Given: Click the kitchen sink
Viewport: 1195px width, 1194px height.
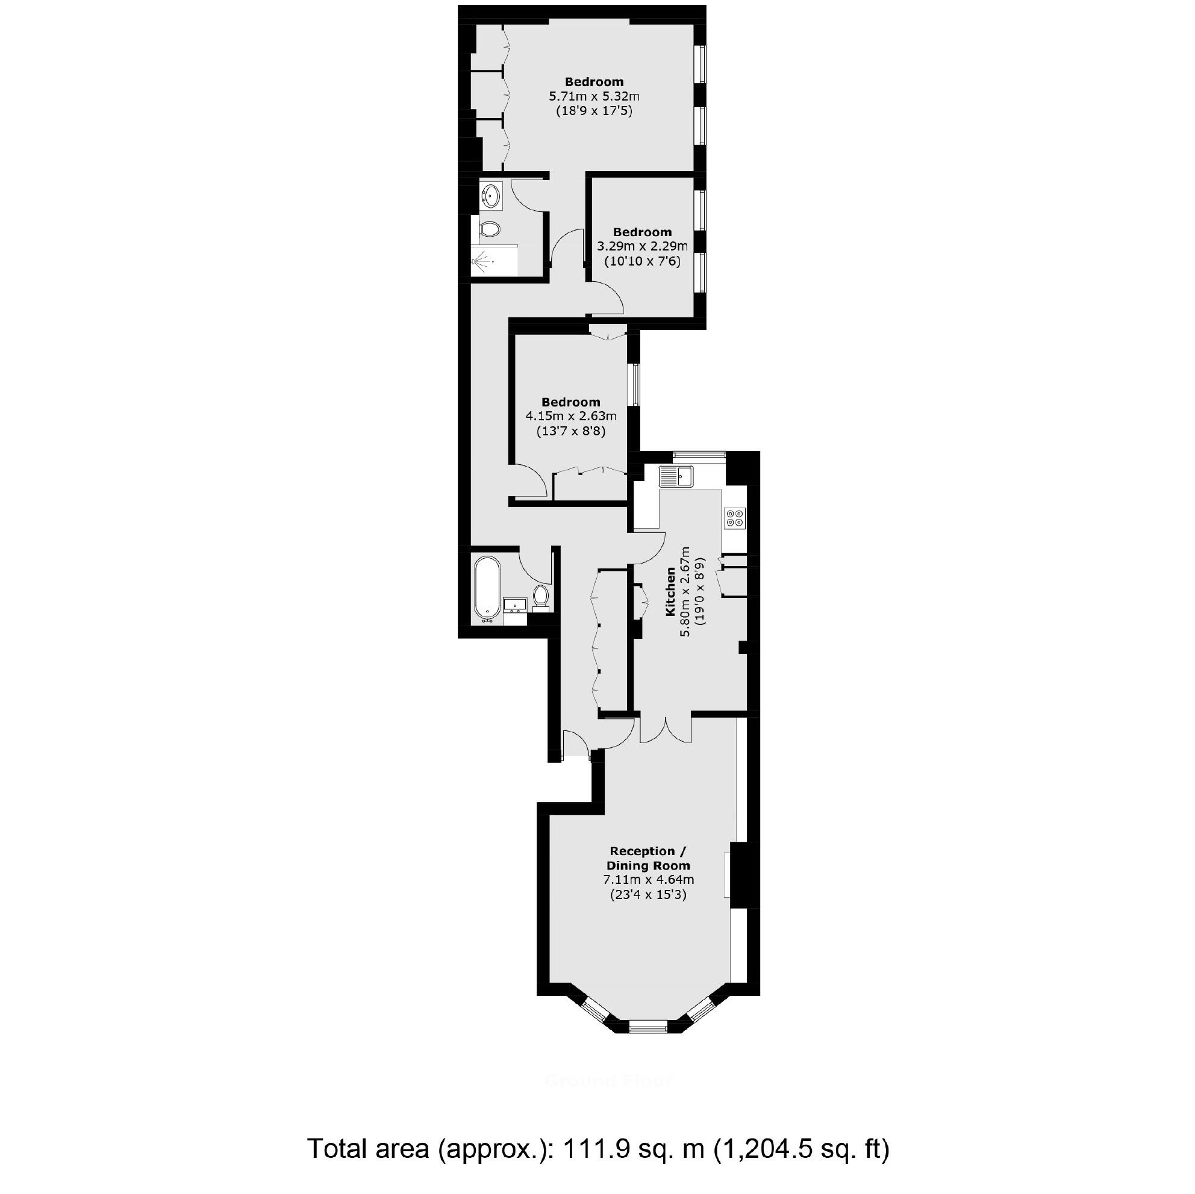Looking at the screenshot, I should point(676,477).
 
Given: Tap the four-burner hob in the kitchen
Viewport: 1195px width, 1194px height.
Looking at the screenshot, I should point(735,518).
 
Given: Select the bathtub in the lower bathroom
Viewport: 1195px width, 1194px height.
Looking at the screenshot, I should point(487,588).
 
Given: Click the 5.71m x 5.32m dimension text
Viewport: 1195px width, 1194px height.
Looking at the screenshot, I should point(594,96).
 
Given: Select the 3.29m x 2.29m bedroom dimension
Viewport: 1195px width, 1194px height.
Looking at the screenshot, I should point(642,246).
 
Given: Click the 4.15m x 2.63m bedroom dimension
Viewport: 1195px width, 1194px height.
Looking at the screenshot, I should point(570,416).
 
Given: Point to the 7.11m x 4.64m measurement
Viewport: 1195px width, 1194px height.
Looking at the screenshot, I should point(648,880).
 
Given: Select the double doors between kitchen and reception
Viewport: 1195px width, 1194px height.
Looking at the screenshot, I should point(666,729).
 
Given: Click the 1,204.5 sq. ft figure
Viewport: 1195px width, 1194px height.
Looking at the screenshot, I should point(802,1149).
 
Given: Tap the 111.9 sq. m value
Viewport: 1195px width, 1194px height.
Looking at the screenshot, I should point(634,1149).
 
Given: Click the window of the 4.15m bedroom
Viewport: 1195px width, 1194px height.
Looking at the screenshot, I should point(635,385).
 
